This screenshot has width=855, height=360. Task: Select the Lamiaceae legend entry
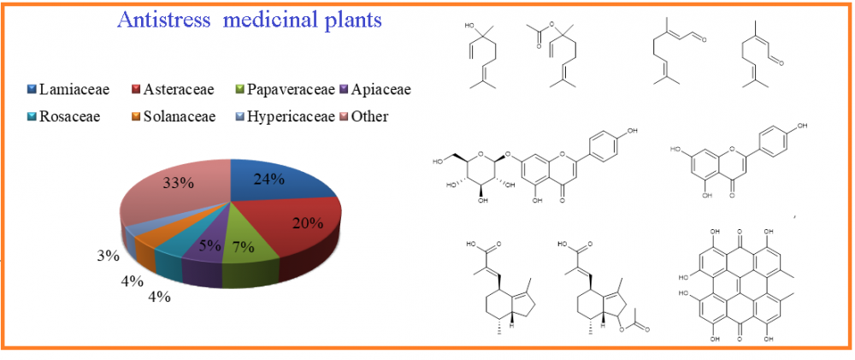click(x=68, y=89)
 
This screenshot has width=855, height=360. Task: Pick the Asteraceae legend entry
click(x=173, y=89)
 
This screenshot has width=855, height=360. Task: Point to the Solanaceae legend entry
click(x=173, y=116)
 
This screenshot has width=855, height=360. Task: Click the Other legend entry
click(x=363, y=116)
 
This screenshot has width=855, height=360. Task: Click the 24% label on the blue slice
click(x=269, y=179)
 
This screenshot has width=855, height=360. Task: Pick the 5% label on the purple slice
click(x=210, y=246)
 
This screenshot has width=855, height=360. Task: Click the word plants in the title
click(x=351, y=21)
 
